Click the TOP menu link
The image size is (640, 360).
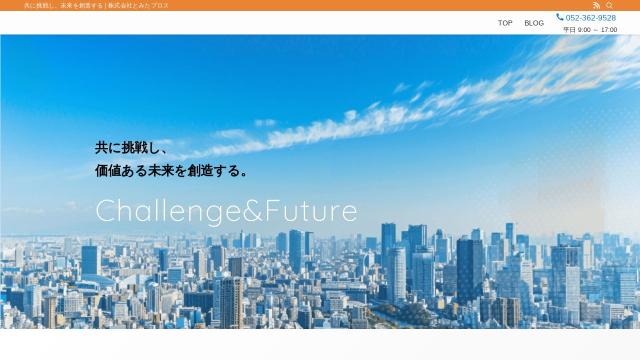tap(505, 23)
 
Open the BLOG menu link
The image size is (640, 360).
tap(534, 23)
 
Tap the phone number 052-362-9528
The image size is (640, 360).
tap(591, 18)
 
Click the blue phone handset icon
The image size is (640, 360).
tap(560, 17)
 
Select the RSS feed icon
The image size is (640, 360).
tap(596, 5)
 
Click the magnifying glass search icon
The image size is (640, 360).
tap(609, 5)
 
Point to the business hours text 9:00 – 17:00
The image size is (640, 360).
tap(597, 30)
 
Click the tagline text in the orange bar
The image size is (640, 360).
tap(96, 6)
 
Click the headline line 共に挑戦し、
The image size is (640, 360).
tap(131, 148)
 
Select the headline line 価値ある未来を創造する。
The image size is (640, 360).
tap(172, 170)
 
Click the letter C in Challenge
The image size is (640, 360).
tap(105, 211)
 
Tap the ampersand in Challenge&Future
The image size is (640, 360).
tap(253, 211)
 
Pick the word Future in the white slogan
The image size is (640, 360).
tap(311, 211)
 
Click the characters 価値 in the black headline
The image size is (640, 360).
tap(108, 170)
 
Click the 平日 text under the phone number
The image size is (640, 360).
tap(569, 30)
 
